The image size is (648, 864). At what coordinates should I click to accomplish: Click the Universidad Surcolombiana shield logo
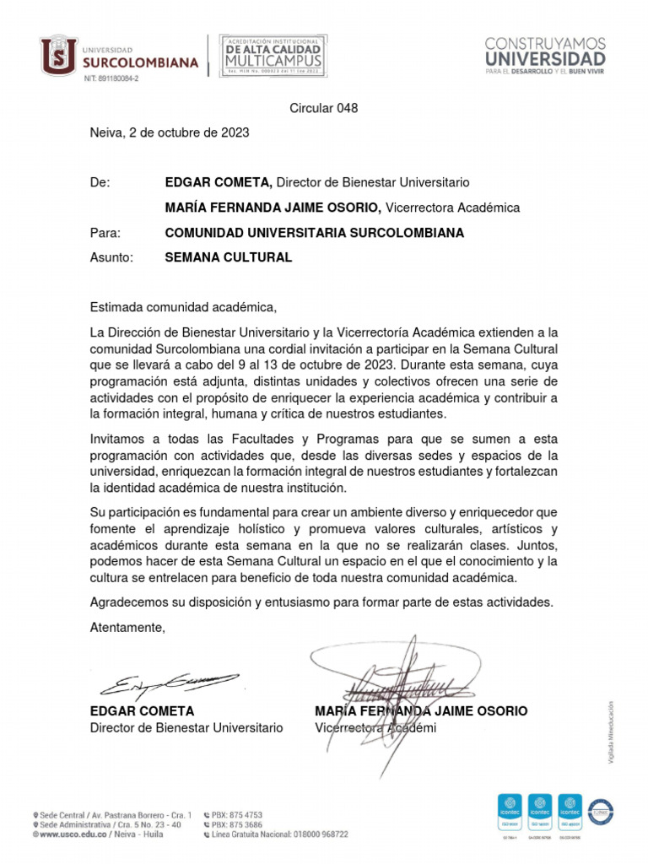tap(59, 55)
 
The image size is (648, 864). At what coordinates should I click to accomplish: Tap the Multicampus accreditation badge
tap(273, 56)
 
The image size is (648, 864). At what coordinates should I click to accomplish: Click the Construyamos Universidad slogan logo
tap(544, 56)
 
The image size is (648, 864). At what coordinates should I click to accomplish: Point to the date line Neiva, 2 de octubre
tap(170, 132)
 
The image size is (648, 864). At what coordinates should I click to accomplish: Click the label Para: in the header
tap(105, 233)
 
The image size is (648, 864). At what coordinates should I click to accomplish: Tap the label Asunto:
tap(111, 257)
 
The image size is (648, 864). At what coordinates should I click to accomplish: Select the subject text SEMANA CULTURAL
tap(229, 257)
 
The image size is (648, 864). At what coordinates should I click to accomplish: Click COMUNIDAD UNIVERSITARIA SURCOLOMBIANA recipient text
tap(315, 233)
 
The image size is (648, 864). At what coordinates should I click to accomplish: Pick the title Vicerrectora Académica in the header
tap(453, 208)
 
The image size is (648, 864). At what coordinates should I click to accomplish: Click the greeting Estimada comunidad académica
tap(183, 306)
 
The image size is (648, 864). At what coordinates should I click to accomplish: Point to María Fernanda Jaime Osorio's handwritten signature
tap(397, 683)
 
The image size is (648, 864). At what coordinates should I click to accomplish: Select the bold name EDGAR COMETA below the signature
tap(142, 711)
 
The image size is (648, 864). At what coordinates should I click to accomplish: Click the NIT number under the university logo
tap(111, 78)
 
